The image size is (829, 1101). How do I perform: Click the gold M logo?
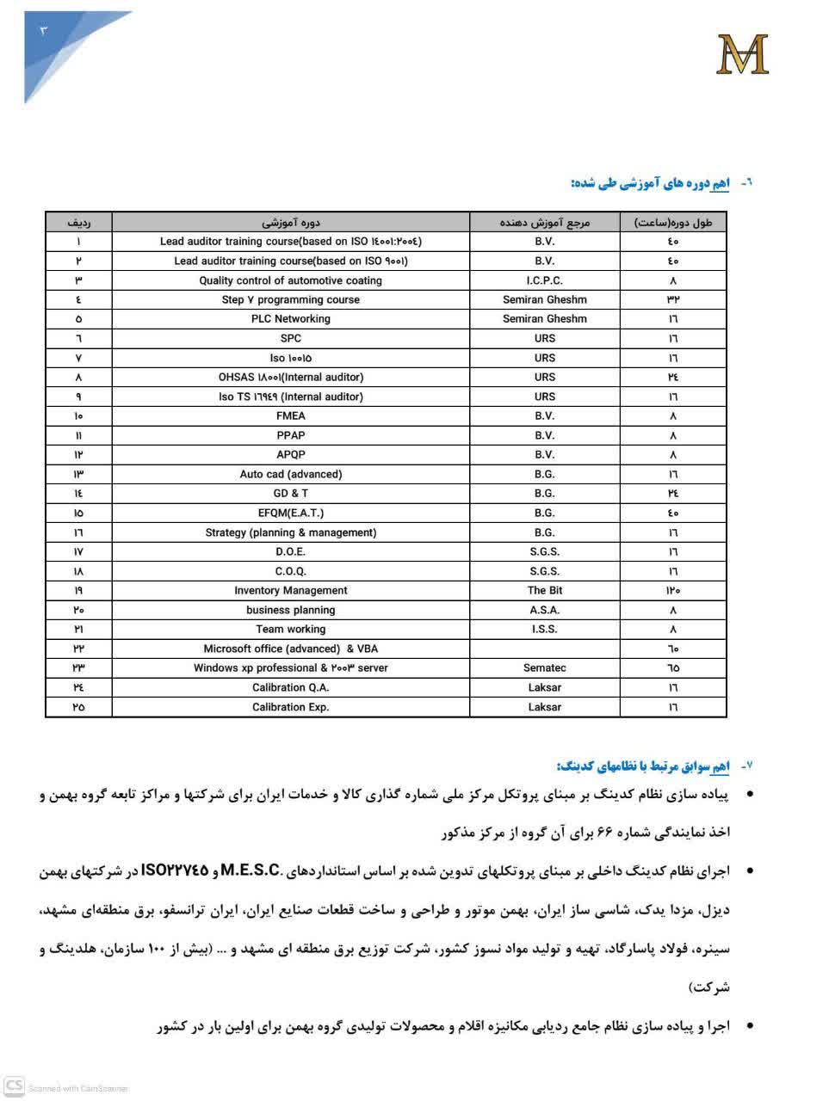point(742,53)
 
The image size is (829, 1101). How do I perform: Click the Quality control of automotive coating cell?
point(291,280)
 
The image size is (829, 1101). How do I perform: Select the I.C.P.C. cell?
point(544,280)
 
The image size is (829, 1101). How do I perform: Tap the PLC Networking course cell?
point(291,319)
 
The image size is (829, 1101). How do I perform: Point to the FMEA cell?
point(291,416)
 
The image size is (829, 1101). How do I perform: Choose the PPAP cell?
point(291,435)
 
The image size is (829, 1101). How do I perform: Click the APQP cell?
point(291,455)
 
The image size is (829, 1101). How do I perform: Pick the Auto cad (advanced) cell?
point(291,474)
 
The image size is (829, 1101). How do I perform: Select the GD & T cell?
point(291,494)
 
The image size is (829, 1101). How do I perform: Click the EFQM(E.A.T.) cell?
point(291,513)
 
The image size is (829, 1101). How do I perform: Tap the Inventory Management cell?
point(291,591)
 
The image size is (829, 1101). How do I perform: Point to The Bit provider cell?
point(544,591)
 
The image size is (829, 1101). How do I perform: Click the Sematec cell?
point(544,668)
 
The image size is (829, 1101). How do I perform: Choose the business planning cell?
point(291,610)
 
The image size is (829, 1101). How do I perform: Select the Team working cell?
point(291,630)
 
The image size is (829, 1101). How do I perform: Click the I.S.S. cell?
point(544,630)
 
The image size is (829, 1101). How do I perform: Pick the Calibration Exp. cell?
point(291,707)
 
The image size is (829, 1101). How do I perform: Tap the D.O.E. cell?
point(291,552)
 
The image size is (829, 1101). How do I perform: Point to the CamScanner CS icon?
point(14,1086)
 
